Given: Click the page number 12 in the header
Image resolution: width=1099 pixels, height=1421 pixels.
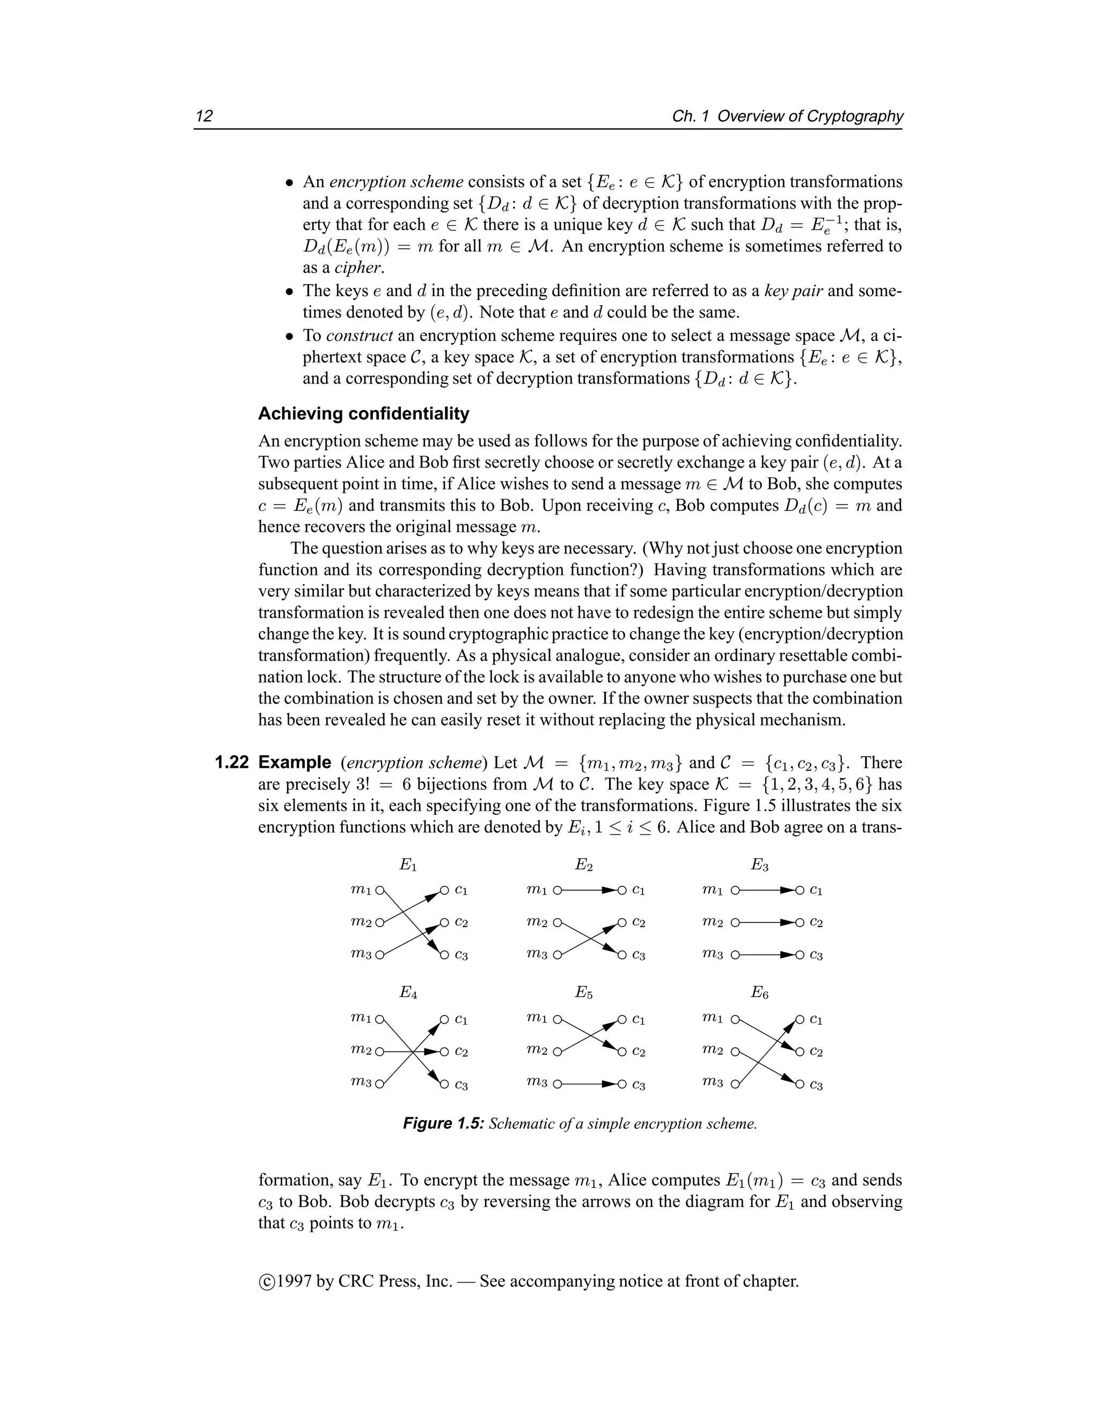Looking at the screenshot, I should pyautogui.click(x=204, y=116).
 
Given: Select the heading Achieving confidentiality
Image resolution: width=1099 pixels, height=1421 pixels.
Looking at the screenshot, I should pyautogui.click(x=363, y=414).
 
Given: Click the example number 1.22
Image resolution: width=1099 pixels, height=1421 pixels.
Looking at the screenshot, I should pyautogui.click(x=232, y=763).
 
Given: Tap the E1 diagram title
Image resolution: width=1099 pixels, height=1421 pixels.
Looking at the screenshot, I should pyautogui.click(x=408, y=865).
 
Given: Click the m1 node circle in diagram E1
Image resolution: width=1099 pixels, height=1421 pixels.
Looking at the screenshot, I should pyautogui.click(x=379, y=890).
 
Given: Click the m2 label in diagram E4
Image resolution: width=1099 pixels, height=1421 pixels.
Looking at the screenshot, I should pyautogui.click(x=360, y=1049).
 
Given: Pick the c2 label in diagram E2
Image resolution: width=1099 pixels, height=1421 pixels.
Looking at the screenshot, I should pyautogui.click(x=639, y=923).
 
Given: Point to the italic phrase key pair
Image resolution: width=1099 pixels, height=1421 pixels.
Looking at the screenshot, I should pyautogui.click(x=793, y=290).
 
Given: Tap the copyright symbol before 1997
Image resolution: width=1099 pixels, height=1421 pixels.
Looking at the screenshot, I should pyautogui.click(x=266, y=1282).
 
